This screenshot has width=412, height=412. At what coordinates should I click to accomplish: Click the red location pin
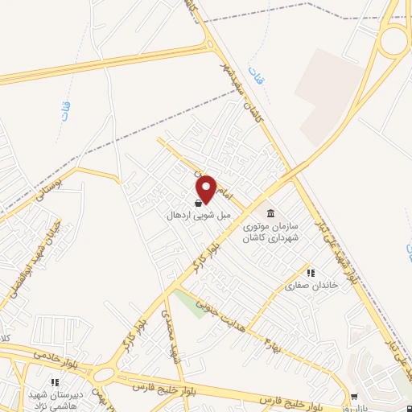click(206, 188)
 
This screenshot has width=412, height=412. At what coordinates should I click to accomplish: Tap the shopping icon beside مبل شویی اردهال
click(199, 204)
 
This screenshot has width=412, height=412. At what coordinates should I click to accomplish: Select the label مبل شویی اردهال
click(193, 216)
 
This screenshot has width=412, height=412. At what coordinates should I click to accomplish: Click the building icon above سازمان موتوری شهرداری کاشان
click(270, 213)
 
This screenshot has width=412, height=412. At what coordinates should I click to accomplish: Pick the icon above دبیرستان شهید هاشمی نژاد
click(55, 382)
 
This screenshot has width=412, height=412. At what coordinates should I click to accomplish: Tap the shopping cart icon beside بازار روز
click(355, 397)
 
